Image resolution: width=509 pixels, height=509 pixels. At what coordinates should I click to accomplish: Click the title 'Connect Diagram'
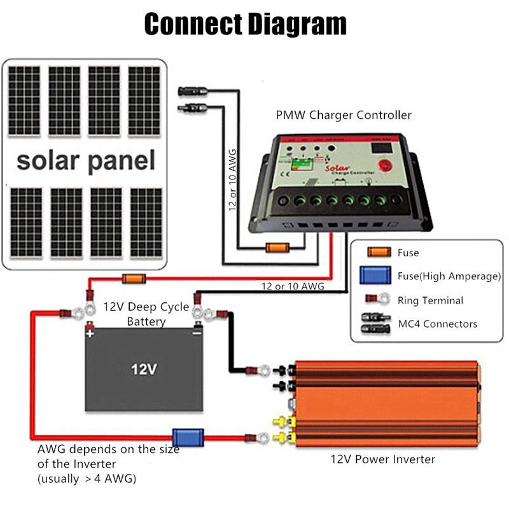(245, 24)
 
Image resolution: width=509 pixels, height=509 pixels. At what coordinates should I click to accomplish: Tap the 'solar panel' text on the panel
(86, 160)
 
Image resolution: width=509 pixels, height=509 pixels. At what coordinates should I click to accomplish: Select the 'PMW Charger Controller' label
(343, 115)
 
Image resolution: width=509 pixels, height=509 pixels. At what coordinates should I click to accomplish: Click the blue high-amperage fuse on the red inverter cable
(190, 437)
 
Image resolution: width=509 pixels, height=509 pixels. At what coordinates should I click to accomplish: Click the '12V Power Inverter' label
(382, 459)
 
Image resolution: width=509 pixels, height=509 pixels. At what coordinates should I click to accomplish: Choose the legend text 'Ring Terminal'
(430, 300)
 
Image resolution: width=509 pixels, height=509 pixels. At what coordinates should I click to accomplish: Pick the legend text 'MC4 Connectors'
(436, 324)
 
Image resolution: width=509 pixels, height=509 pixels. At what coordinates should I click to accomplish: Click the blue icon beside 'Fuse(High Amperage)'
(375, 276)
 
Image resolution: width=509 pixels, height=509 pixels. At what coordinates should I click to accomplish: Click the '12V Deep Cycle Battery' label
(146, 314)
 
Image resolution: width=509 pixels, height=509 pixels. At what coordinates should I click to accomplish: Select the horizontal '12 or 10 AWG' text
(292, 287)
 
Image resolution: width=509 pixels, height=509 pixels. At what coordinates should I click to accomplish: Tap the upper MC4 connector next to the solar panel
(192, 91)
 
